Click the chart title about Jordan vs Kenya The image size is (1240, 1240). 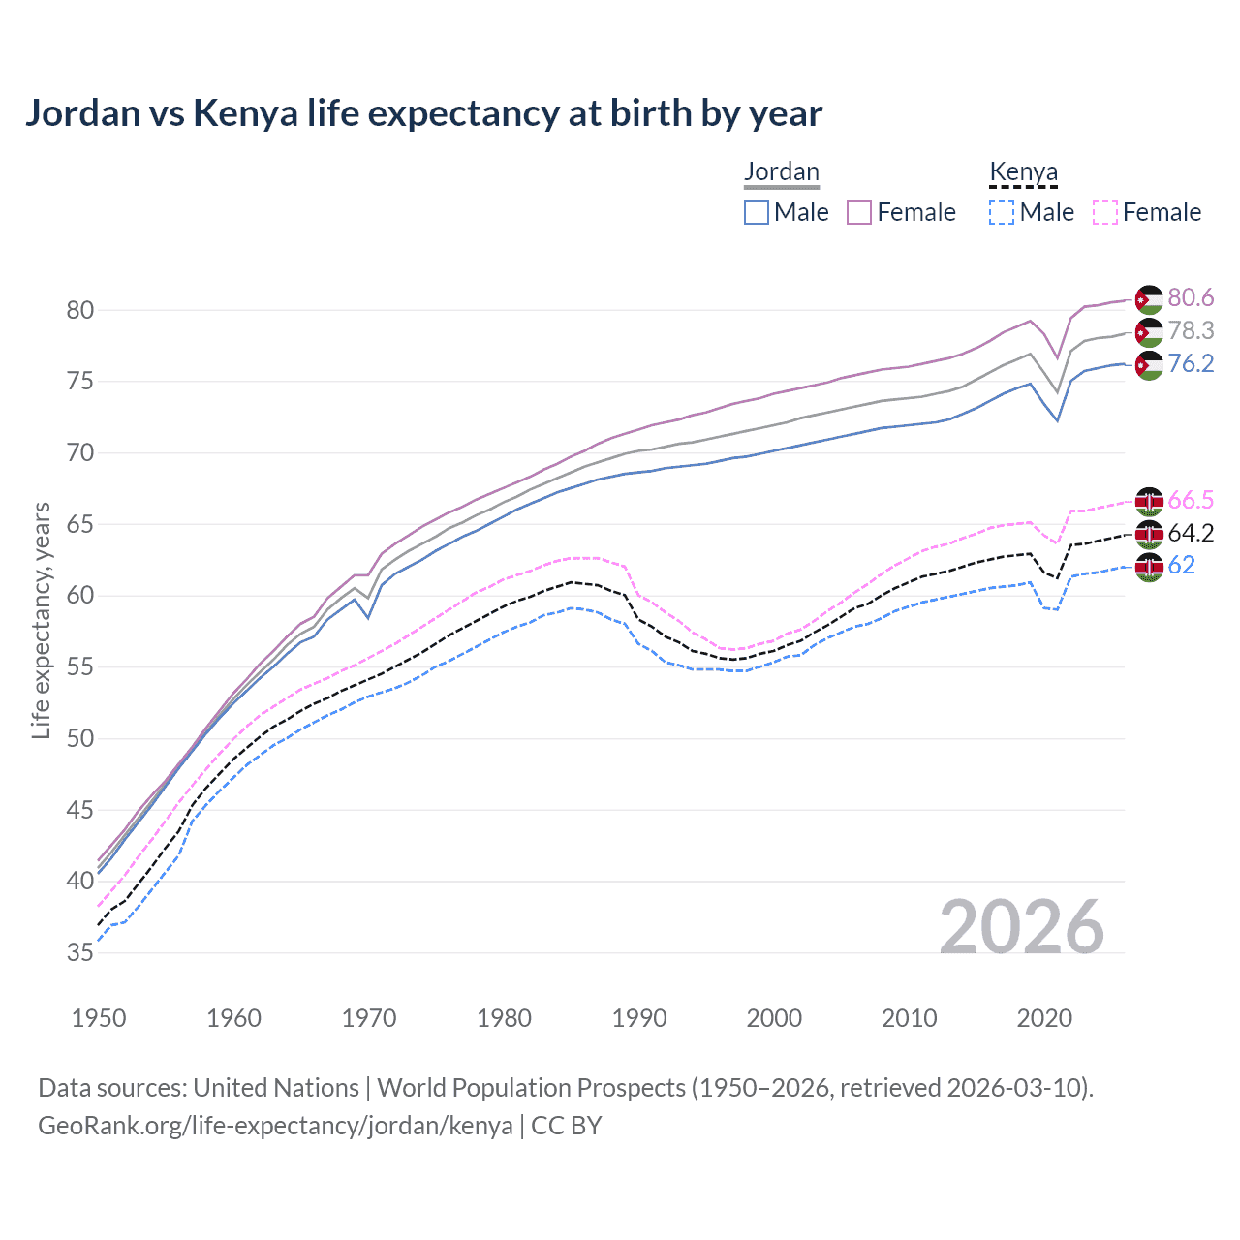pyautogui.click(x=423, y=113)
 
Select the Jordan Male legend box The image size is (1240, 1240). pyautogui.click(x=757, y=212)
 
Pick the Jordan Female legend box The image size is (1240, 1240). pyautogui.click(x=859, y=212)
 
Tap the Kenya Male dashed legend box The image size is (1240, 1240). pyautogui.click(x=1002, y=212)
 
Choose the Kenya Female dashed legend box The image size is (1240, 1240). pyautogui.click(x=1104, y=212)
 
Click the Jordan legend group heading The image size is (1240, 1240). pyautogui.click(x=782, y=171)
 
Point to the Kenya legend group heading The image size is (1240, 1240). pyautogui.click(x=1023, y=171)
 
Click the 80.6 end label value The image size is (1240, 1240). pyautogui.click(x=1191, y=298)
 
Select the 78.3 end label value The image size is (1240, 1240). pyautogui.click(x=1191, y=331)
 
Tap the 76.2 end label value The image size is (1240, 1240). pyautogui.click(x=1191, y=363)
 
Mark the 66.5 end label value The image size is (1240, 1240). pyautogui.click(x=1191, y=500)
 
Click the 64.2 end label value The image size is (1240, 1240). pyautogui.click(x=1191, y=533)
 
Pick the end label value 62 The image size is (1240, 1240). pyautogui.click(x=1182, y=565)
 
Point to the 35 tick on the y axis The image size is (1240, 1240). pyautogui.click(x=80, y=952)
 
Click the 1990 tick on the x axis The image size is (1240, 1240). pyautogui.click(x=639, y=1018)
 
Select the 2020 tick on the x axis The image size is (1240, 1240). pyautogui.click(x=1044, y=1018)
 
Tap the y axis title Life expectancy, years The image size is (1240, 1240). pyautogui.click(x=41, y=620)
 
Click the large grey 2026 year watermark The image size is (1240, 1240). pyautogui.click(x=1022, y=927)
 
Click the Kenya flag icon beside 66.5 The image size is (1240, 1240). pyautogui.click(x=1149, y=501)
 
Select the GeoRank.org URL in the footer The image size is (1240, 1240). pyautogui.click(x=275, y=1126)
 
